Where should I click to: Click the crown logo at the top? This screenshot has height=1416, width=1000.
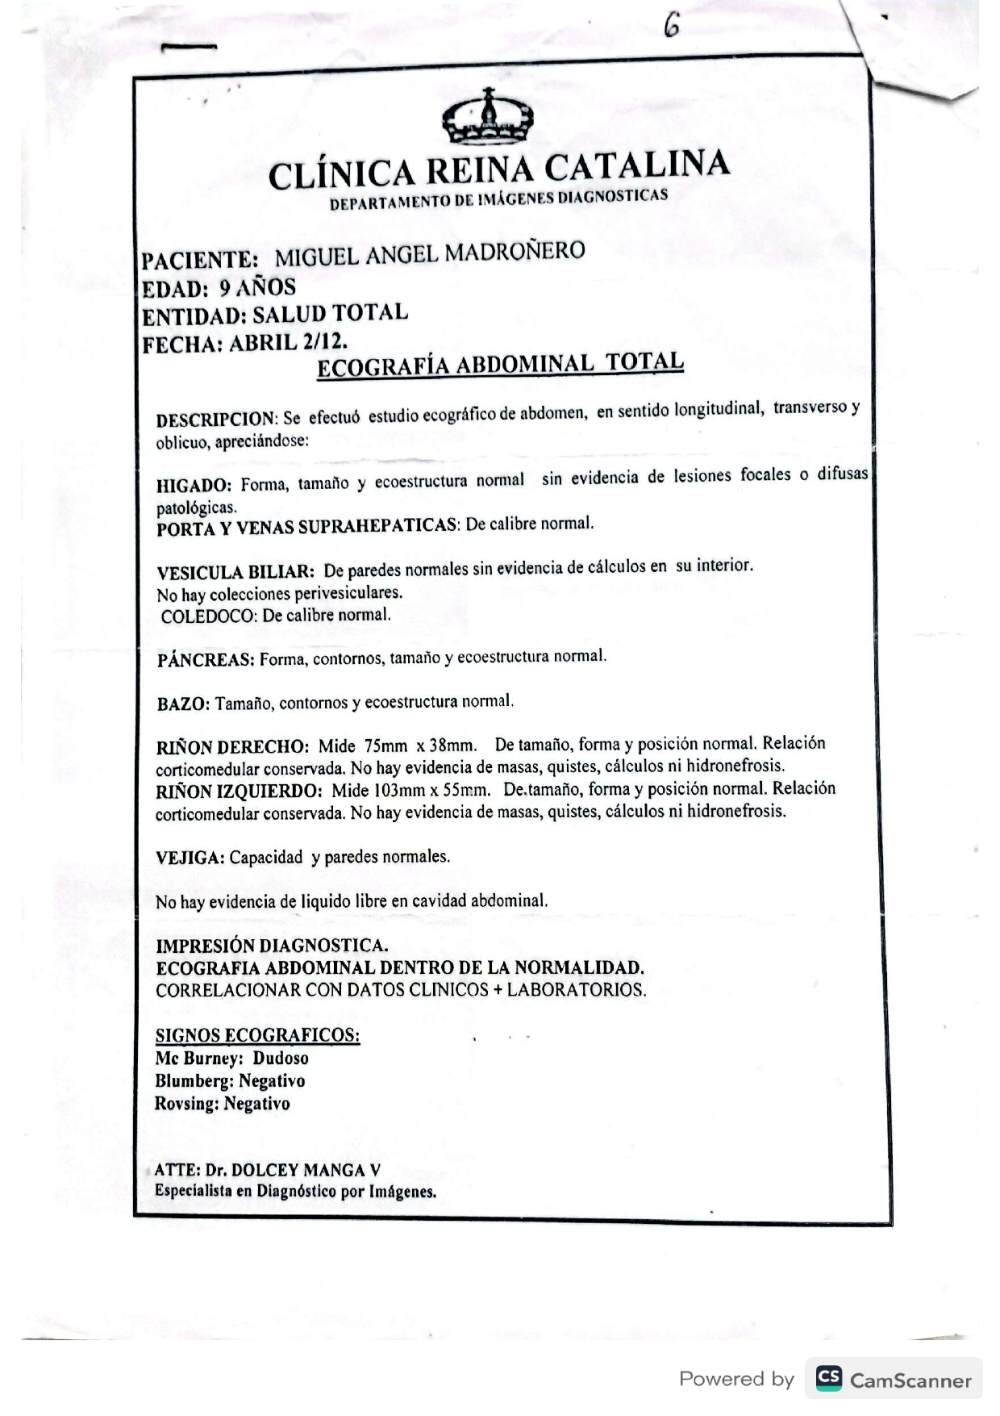[x=487, y=118]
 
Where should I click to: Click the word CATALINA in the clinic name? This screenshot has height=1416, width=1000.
[x=637, y=166]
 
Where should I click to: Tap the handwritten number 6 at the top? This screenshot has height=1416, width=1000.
[x=672, y=27]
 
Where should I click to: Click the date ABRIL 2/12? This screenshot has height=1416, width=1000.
[x=288, y=342]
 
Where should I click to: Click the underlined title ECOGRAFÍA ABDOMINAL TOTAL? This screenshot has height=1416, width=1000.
[x=500, y=365]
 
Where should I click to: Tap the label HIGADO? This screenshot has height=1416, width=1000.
[x=194, y=486]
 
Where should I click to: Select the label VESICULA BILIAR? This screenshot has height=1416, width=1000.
[x=235, y=573]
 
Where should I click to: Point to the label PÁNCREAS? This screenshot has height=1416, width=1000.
[x=206, y=660]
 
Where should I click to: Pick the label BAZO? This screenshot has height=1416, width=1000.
[x=183, y=704]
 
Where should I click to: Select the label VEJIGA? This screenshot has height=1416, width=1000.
[x=190, y=858]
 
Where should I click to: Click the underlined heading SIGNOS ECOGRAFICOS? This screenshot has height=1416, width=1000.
[x=257, y=1035]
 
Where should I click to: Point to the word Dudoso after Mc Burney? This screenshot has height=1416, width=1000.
[x=281, y=1058]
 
